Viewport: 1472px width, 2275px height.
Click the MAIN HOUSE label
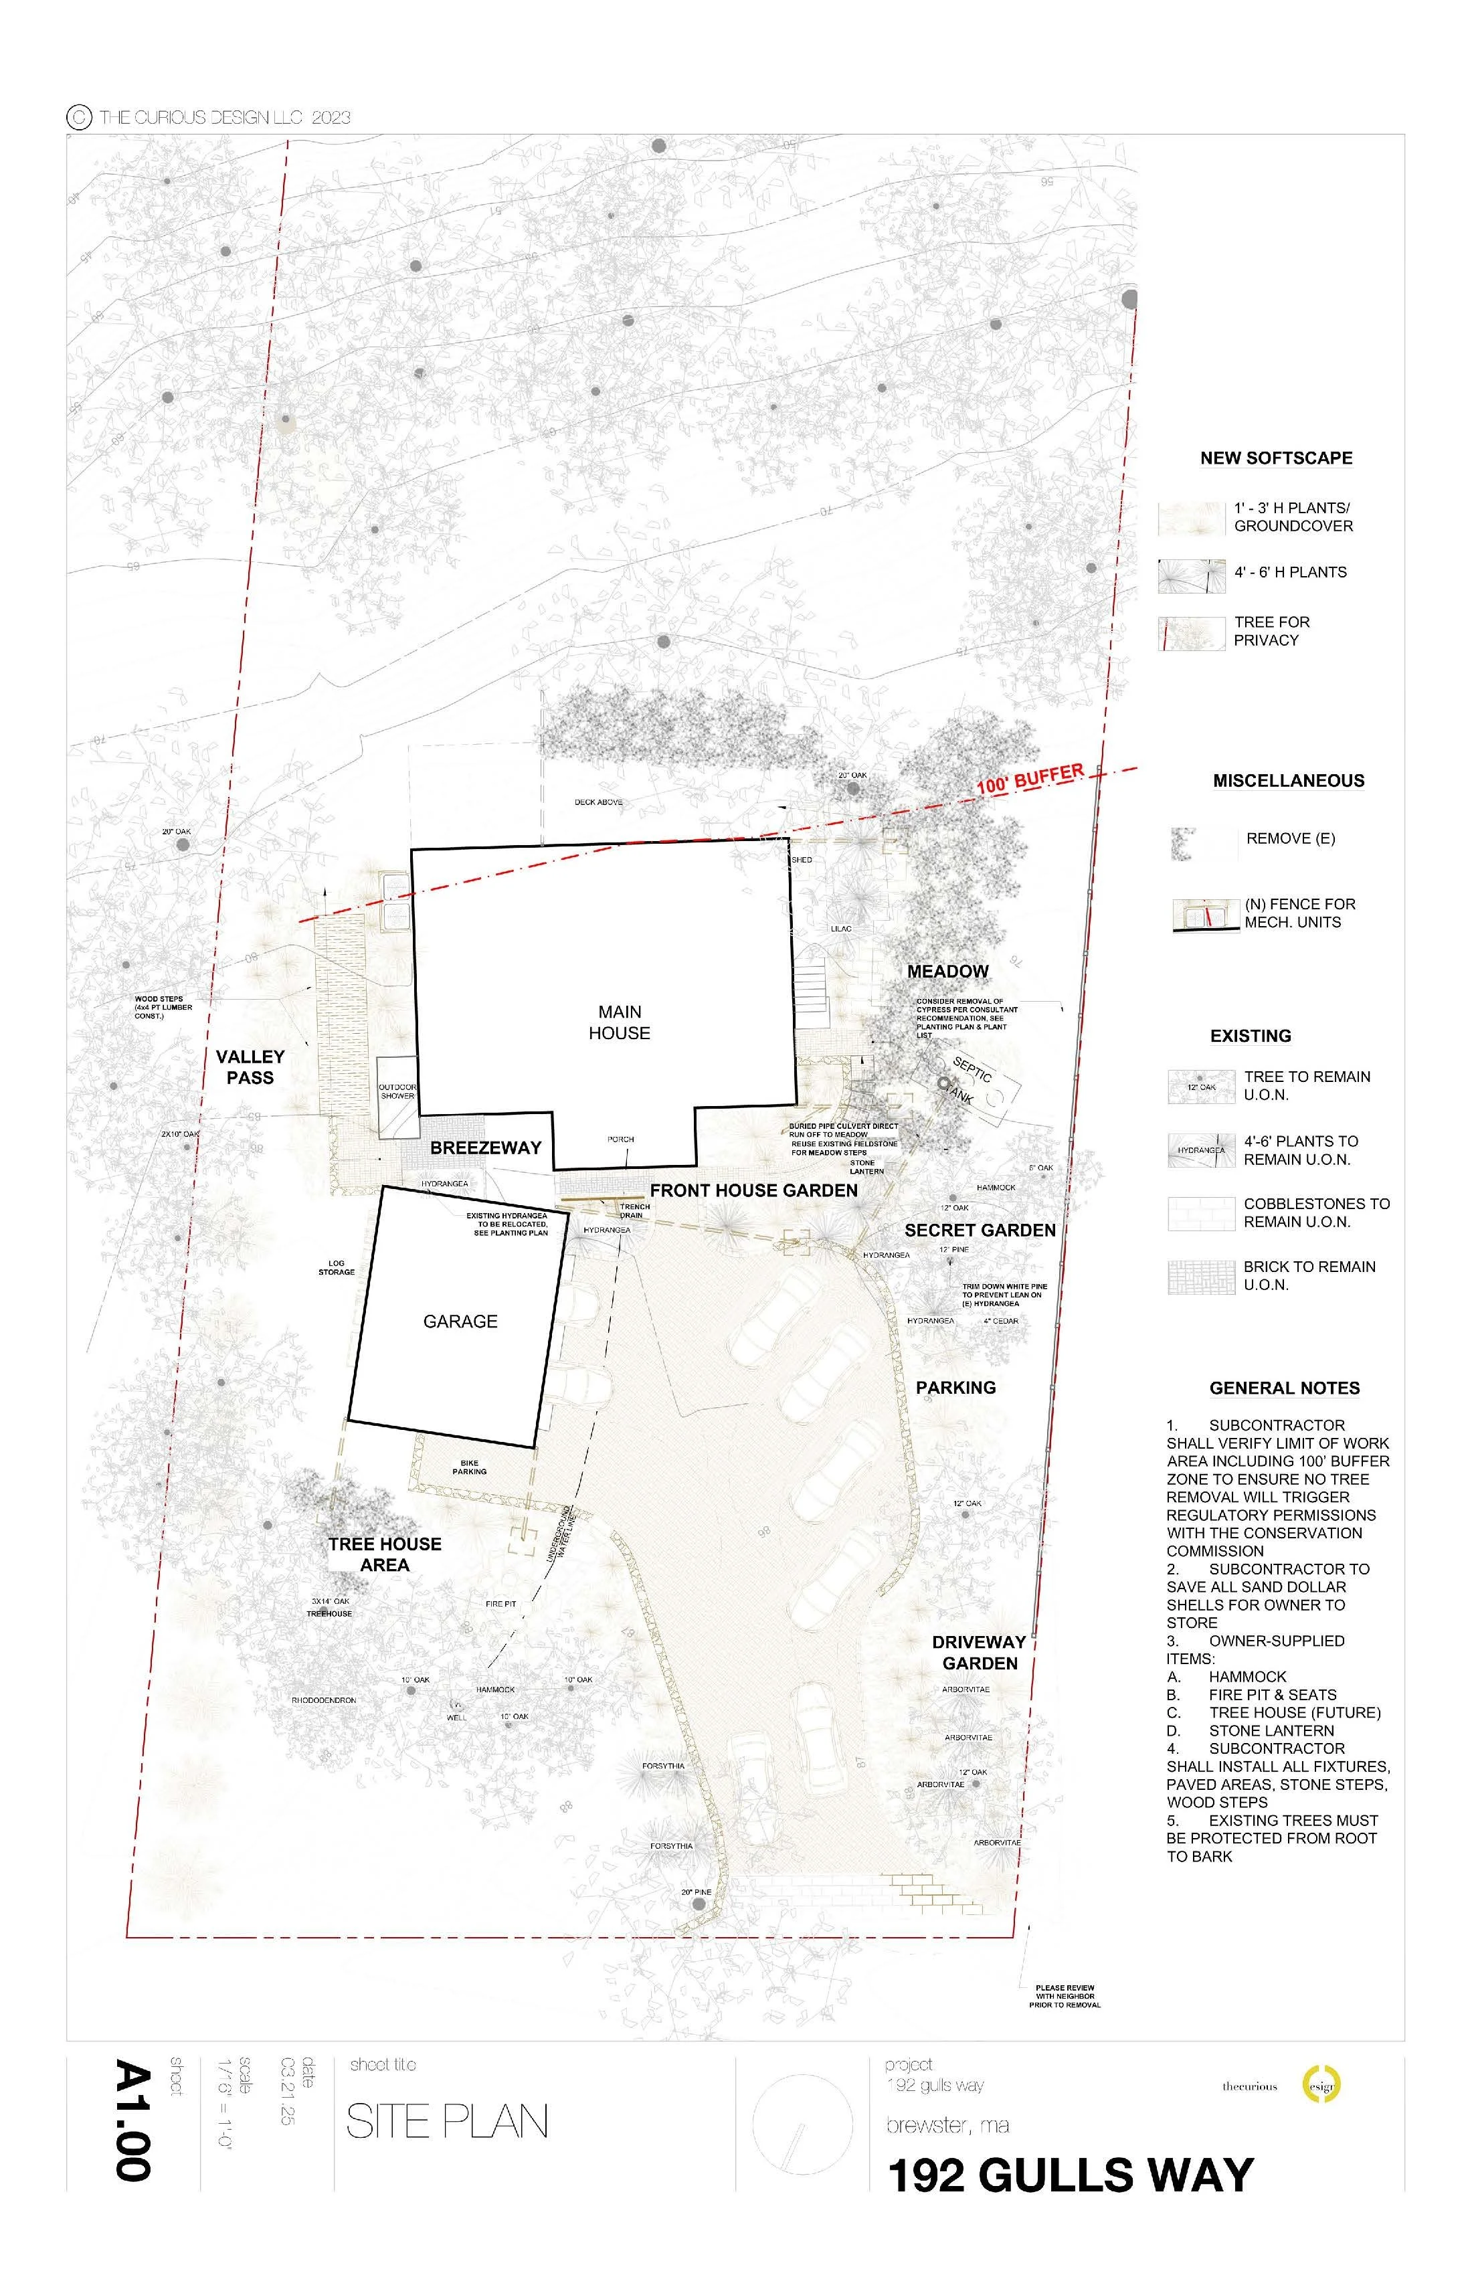[x=620, y=1022]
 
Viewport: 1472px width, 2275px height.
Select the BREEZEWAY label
[x=486, y=1147]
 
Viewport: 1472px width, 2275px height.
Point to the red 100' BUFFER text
[x=1030, y=779]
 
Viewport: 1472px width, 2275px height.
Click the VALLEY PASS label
[x=250, y=1067]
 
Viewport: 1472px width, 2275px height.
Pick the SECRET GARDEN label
[x=980, y=1231]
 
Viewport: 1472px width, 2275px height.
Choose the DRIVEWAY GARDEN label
[x=979, y=1652]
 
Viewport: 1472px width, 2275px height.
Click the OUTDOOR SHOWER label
[x=397, y=1091]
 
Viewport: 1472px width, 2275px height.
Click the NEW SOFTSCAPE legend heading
[x=1275, y=458]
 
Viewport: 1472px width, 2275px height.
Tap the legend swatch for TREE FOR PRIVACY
[x=1191, y=633]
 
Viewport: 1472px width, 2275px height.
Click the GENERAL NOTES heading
[x=1284, y=1387]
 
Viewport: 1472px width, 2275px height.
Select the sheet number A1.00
[x=133, y=2120]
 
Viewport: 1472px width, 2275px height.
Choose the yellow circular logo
[x=1322, y=2086]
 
